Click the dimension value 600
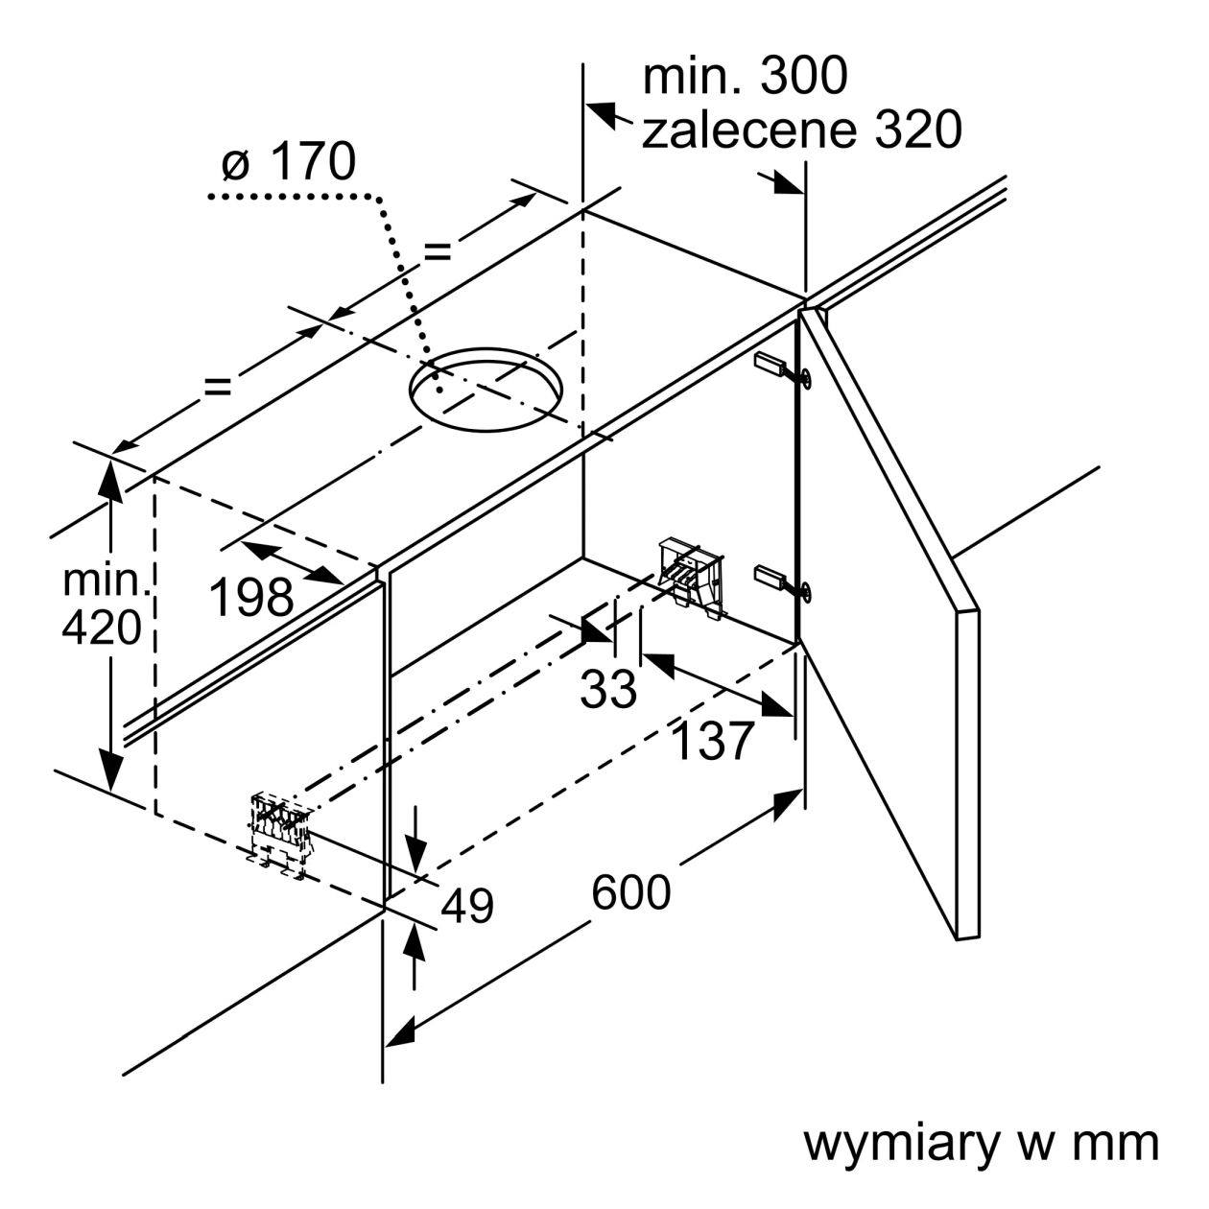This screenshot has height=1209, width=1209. click(x=631, y=893)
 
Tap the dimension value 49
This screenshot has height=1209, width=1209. click(x=467, y=906)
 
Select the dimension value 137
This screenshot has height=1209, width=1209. click(x=712, y=742)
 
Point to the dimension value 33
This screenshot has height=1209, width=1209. click(x=608, y=689)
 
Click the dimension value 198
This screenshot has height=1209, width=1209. click(x=251, y=597)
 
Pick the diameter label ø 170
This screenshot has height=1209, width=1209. click(x=289, y=161)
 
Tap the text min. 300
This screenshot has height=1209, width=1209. click(x=746, y=76)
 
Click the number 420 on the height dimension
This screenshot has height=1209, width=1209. click(x=102, y=628)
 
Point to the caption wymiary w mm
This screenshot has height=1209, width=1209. click(x=982, y=1144)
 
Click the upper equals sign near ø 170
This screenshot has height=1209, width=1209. click(x=438, y=252)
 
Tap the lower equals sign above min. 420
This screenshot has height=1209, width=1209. click(x=218, y=386)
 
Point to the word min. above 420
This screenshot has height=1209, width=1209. click(x=106, y=581)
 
